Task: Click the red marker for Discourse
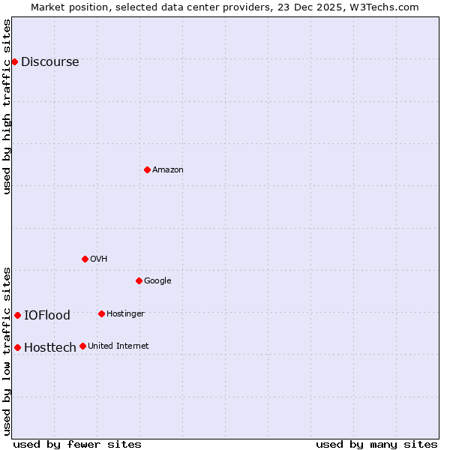(14, 61)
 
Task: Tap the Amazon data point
(147, 169)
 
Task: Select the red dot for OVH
(85, 259)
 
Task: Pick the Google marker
(139, 280)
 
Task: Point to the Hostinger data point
(101, 313)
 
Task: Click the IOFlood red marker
(17, 315)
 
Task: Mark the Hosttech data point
(17, 347)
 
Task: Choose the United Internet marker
(82, 346)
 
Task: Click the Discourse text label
(49, 62)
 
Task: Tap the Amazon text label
(168, 170)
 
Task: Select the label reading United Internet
(118, 346)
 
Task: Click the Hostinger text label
(125, 313)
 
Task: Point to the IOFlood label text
(47, 316)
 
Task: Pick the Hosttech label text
(49, 348)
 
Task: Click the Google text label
(157, 281)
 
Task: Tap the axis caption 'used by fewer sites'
(77, 444)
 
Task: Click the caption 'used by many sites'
(376, 444)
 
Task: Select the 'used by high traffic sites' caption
(7, 106)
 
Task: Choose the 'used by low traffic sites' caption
(7, 350)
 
